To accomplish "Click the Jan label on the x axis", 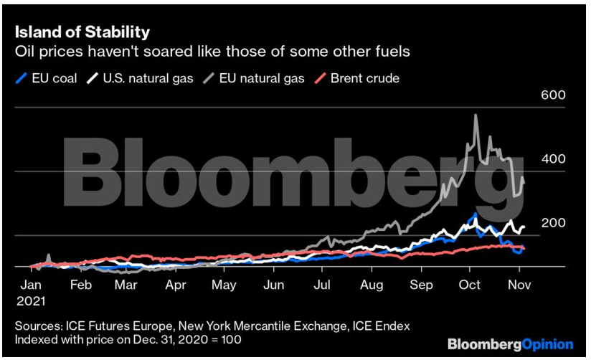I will (x=29, y=285).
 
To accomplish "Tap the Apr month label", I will (x=176, y=285).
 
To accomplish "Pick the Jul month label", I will (x=323, y=285).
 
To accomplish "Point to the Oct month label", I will (x=469, y=285).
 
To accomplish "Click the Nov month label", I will (x=518, y=285).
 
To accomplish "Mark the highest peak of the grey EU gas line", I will (x=476, y=115).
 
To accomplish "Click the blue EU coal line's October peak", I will (x=474, y=214).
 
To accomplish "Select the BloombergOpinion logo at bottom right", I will (x=510, y=344).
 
